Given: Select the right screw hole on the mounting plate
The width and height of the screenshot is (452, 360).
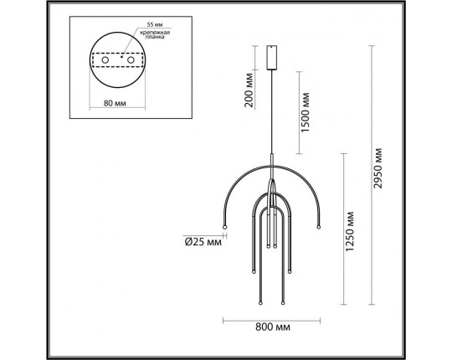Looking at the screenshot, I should tap(132, 62).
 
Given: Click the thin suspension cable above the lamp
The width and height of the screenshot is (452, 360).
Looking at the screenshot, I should tap(271, 109).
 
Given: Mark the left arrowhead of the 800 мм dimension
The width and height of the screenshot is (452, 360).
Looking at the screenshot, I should tap(225, 320).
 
